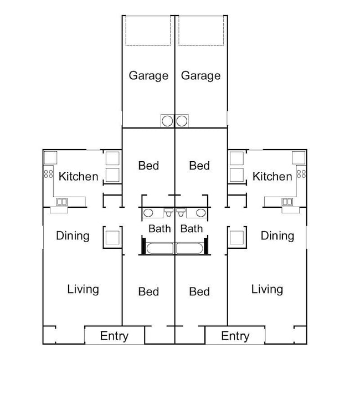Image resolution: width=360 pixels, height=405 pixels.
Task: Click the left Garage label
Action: (x=148, y=75)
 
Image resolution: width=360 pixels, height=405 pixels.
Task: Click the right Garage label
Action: (x=200, y=75)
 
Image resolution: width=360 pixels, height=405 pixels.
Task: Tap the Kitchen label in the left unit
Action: (x=78, y=177)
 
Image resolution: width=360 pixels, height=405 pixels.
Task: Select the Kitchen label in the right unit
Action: (x=272, y=177)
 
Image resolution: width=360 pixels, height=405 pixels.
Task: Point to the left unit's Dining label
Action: (x=73, y=236)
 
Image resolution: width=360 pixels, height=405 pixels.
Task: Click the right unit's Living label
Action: (x=267, y=289)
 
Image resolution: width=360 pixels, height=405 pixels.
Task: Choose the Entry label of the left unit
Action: (x=114, y=336)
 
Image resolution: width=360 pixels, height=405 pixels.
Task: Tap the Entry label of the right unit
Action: (x=235, y=336)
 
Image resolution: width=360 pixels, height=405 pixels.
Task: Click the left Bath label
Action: (x=160, y=228)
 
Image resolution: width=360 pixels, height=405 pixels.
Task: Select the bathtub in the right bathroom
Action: (x=191, y=248)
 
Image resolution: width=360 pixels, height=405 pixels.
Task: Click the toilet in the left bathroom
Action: (x=169, y=212)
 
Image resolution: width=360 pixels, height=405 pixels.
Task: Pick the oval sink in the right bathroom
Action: (x=200, y=213)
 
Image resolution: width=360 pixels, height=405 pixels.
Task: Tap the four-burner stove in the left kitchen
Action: (x=48, y=173)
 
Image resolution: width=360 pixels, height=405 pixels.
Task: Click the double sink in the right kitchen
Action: (x=287, y=202)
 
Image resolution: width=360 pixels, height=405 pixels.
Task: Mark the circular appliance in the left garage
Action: (x=167, y=120)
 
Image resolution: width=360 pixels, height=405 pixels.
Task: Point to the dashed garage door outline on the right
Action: (x=200, y=31)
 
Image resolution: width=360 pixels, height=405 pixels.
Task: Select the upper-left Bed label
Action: (x=148, y=166)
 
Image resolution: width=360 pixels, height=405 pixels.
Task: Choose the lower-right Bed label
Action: (x=199, y=291)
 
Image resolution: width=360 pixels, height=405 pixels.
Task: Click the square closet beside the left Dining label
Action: (x=112, y=238)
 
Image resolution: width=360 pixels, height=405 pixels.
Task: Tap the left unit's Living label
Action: (x=83, y=289)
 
